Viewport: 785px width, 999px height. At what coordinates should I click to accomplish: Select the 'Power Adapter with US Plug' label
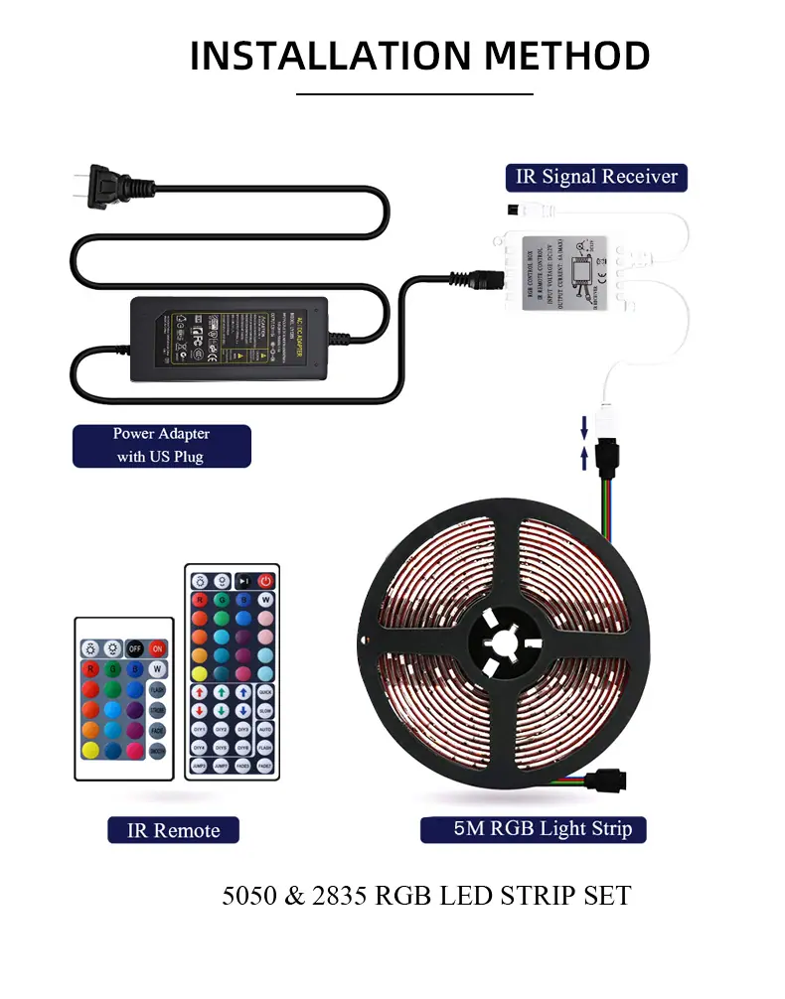coord(161,446)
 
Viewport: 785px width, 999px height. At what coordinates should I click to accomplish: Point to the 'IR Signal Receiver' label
coord(596,178)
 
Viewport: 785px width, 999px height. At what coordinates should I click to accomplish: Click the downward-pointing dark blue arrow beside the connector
coord(585,427)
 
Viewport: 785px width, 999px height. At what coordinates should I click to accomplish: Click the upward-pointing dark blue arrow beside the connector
coord(585,458)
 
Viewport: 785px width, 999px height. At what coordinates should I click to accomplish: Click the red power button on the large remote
coord(265,581)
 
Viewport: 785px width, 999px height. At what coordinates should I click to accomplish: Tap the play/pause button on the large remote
coord(243,581)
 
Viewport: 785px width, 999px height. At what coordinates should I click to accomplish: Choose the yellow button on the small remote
coord(90,748)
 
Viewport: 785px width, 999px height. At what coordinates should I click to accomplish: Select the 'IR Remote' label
coord(173,830)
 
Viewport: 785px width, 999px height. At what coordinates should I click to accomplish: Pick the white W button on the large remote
coord(265,601)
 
